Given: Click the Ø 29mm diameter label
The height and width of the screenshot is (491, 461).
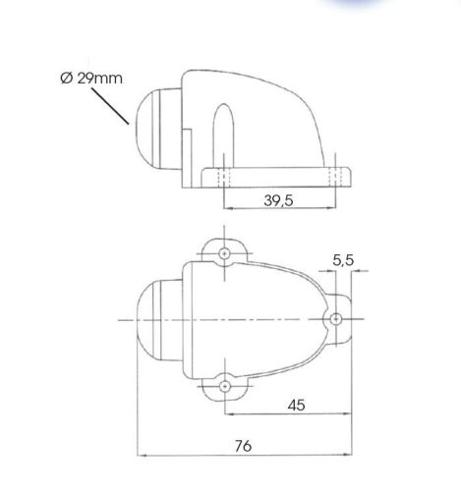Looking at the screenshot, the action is (x=91, y=79).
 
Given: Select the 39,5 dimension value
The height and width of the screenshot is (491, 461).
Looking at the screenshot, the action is (x=278, y=200).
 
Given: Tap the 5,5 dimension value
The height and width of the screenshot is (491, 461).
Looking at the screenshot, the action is (x=343, y=260).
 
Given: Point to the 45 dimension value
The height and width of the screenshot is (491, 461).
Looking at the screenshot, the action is (x=296, y=406).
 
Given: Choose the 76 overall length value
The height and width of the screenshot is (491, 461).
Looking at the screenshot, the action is (x=243, y=446).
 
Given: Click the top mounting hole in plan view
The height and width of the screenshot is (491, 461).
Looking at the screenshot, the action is (x=224, y=253).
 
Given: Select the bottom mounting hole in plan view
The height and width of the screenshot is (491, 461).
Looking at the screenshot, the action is (x=224, y=387).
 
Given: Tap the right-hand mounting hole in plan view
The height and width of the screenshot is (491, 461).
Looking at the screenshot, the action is (x=335, y=319).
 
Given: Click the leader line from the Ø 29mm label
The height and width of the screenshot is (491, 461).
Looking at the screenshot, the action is (x=110, y=106).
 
